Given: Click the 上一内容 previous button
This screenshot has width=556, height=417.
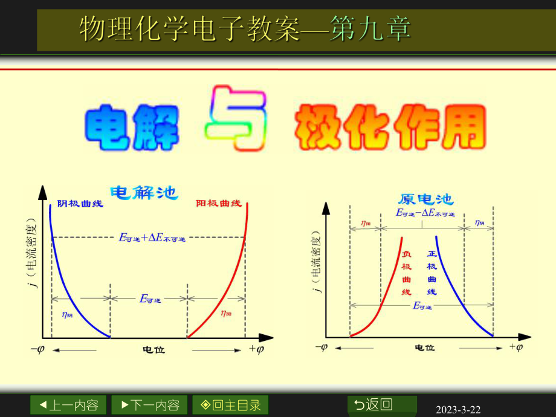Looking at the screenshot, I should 68,405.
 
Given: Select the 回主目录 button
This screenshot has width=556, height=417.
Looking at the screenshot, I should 231,405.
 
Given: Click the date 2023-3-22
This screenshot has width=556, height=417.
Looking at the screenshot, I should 458,410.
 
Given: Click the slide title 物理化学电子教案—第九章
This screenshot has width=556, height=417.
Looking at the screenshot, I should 245,29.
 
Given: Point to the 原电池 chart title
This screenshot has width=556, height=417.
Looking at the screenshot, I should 427,199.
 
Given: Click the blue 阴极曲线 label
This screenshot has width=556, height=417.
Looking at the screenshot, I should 80,204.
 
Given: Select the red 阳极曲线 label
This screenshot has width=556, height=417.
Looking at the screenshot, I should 219,204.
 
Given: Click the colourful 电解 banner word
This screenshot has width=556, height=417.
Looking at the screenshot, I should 133,128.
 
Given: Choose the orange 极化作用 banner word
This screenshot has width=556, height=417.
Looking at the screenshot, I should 390,128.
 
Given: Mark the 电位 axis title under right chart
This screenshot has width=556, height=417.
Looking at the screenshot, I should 425,348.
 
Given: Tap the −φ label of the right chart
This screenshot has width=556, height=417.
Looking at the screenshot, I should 322,347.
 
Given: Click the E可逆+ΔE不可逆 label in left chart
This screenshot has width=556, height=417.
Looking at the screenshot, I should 152,238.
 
